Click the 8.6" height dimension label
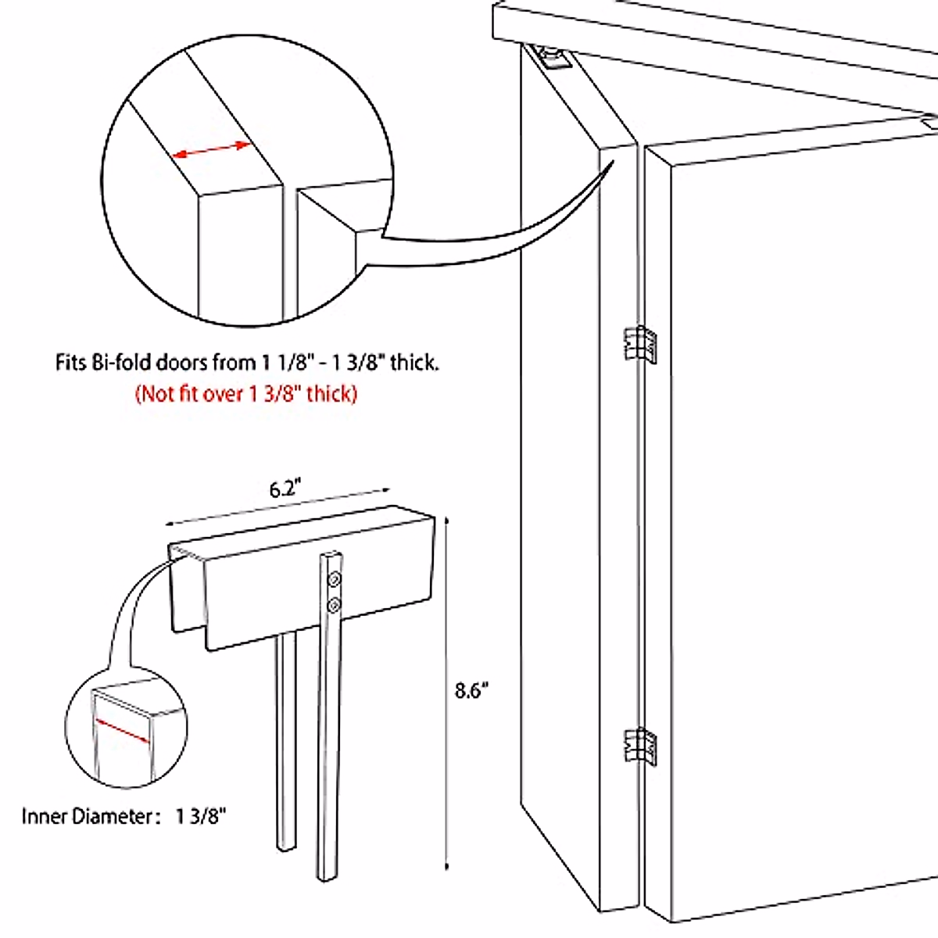pos(471,691)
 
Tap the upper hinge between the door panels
pos(639,344)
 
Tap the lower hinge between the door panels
pos(639,746)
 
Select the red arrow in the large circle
pos(211,149)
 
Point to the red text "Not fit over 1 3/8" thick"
pos(246,393)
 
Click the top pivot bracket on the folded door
pos(553,59)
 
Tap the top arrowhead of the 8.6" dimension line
pos(446,520)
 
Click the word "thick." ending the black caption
pos(414,363)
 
